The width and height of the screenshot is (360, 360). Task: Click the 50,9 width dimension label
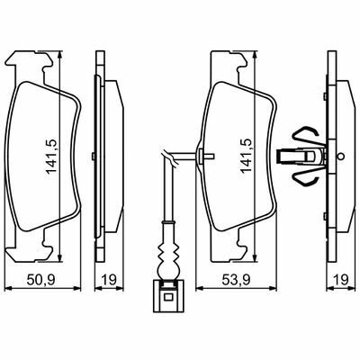tap(40, 280)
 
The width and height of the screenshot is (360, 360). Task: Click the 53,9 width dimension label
tap(236, 280)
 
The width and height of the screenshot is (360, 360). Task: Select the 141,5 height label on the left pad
tap(51, 156)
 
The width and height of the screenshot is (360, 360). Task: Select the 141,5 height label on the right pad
tap(247, 156)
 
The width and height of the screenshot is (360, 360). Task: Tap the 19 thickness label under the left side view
tap(109, 280)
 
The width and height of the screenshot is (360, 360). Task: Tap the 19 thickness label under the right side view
tap(341, 280)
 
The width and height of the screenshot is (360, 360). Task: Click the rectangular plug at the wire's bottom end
tap(168, 296)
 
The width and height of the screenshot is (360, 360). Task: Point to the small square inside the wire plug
tap(168, 297)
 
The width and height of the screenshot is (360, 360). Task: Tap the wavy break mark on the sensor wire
tap(170, 157)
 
